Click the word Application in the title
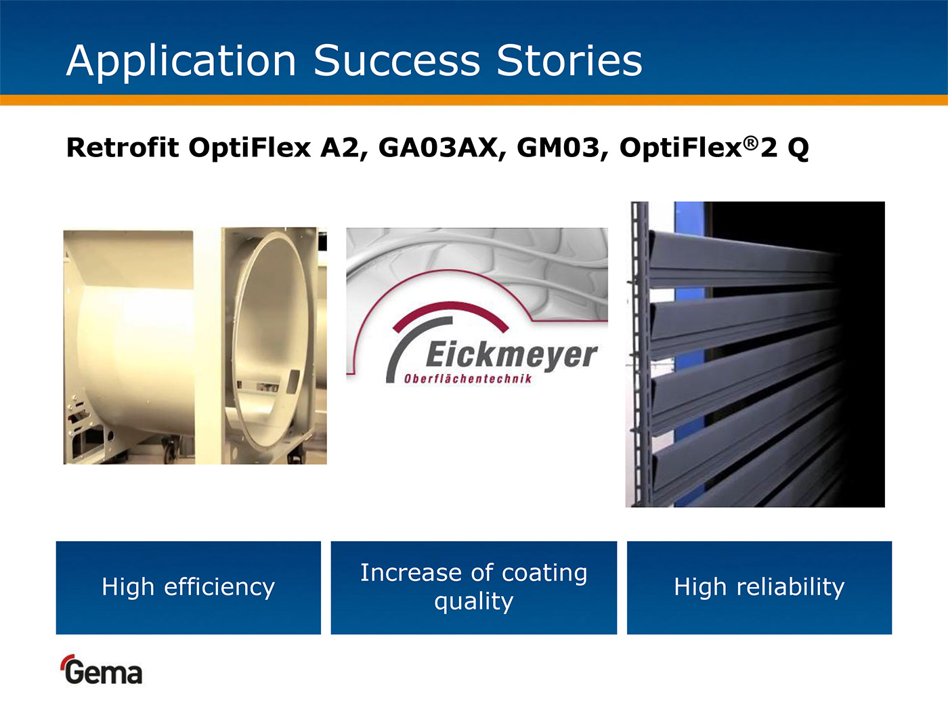coord(181,61)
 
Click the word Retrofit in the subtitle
coord(123,147)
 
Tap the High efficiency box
coord(188,588)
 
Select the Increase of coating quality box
coord(474,588)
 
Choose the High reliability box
coord(759,588)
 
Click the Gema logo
coord(101,670)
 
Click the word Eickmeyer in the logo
coord(512,355)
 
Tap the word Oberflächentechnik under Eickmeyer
coord(468,379)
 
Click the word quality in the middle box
coord(474,601)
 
